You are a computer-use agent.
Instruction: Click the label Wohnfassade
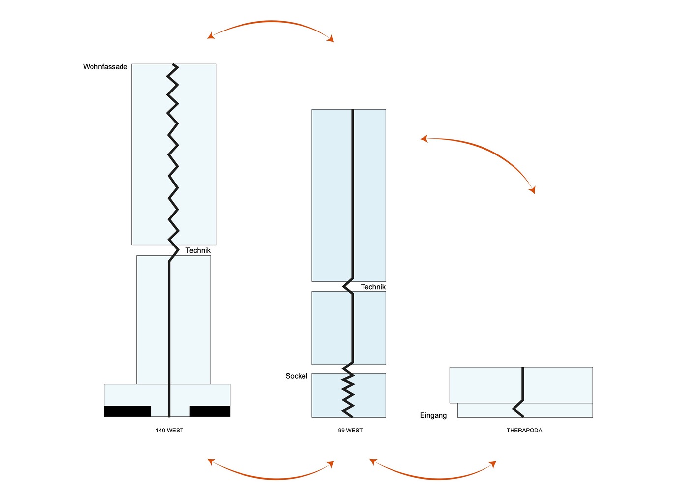pos(105,67)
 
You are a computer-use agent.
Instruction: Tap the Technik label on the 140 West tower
pos(198,250)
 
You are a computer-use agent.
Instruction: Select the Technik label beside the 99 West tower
pos(373,287)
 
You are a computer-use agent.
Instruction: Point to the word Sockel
pos(296,376)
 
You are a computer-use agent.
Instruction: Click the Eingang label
pos(433,415)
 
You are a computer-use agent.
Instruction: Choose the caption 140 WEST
pos(169,430)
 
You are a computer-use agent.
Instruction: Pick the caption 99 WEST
pos(350,430)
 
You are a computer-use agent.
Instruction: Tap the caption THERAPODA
pos(524,430)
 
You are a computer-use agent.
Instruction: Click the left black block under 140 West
pos(127,411)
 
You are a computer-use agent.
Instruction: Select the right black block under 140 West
pos(210,411)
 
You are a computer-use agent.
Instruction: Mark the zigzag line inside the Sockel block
pos(348,394)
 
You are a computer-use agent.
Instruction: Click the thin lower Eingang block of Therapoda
pos(556,410)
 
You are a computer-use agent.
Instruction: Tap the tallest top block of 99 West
pos(330,197)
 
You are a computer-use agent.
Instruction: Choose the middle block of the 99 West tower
pos(330,328)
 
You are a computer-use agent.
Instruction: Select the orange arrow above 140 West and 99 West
pos(271,22)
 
